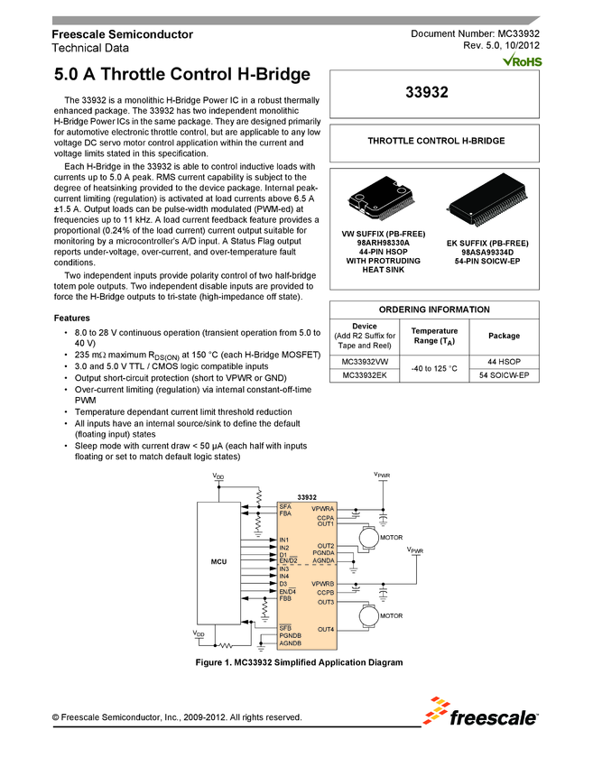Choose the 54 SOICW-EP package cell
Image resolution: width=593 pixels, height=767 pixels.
click(504, 375)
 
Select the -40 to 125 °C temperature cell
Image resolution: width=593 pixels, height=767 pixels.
click(436, 368)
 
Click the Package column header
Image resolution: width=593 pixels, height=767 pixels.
click(504, 336)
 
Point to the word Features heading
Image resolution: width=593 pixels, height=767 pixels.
click(71, 319)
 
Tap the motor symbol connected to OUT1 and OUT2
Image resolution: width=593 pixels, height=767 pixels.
click(366, 538)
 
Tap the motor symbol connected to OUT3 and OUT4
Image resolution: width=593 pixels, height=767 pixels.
click(366, 615)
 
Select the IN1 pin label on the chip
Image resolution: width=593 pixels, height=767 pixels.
click(284, 540)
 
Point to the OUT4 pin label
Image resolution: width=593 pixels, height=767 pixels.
click(326, 628)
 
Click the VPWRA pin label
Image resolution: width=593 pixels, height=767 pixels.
click(323, 510)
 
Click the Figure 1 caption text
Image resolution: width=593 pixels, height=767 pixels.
click(299, 662)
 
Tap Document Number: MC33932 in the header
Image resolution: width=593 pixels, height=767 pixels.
click(475, 33)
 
